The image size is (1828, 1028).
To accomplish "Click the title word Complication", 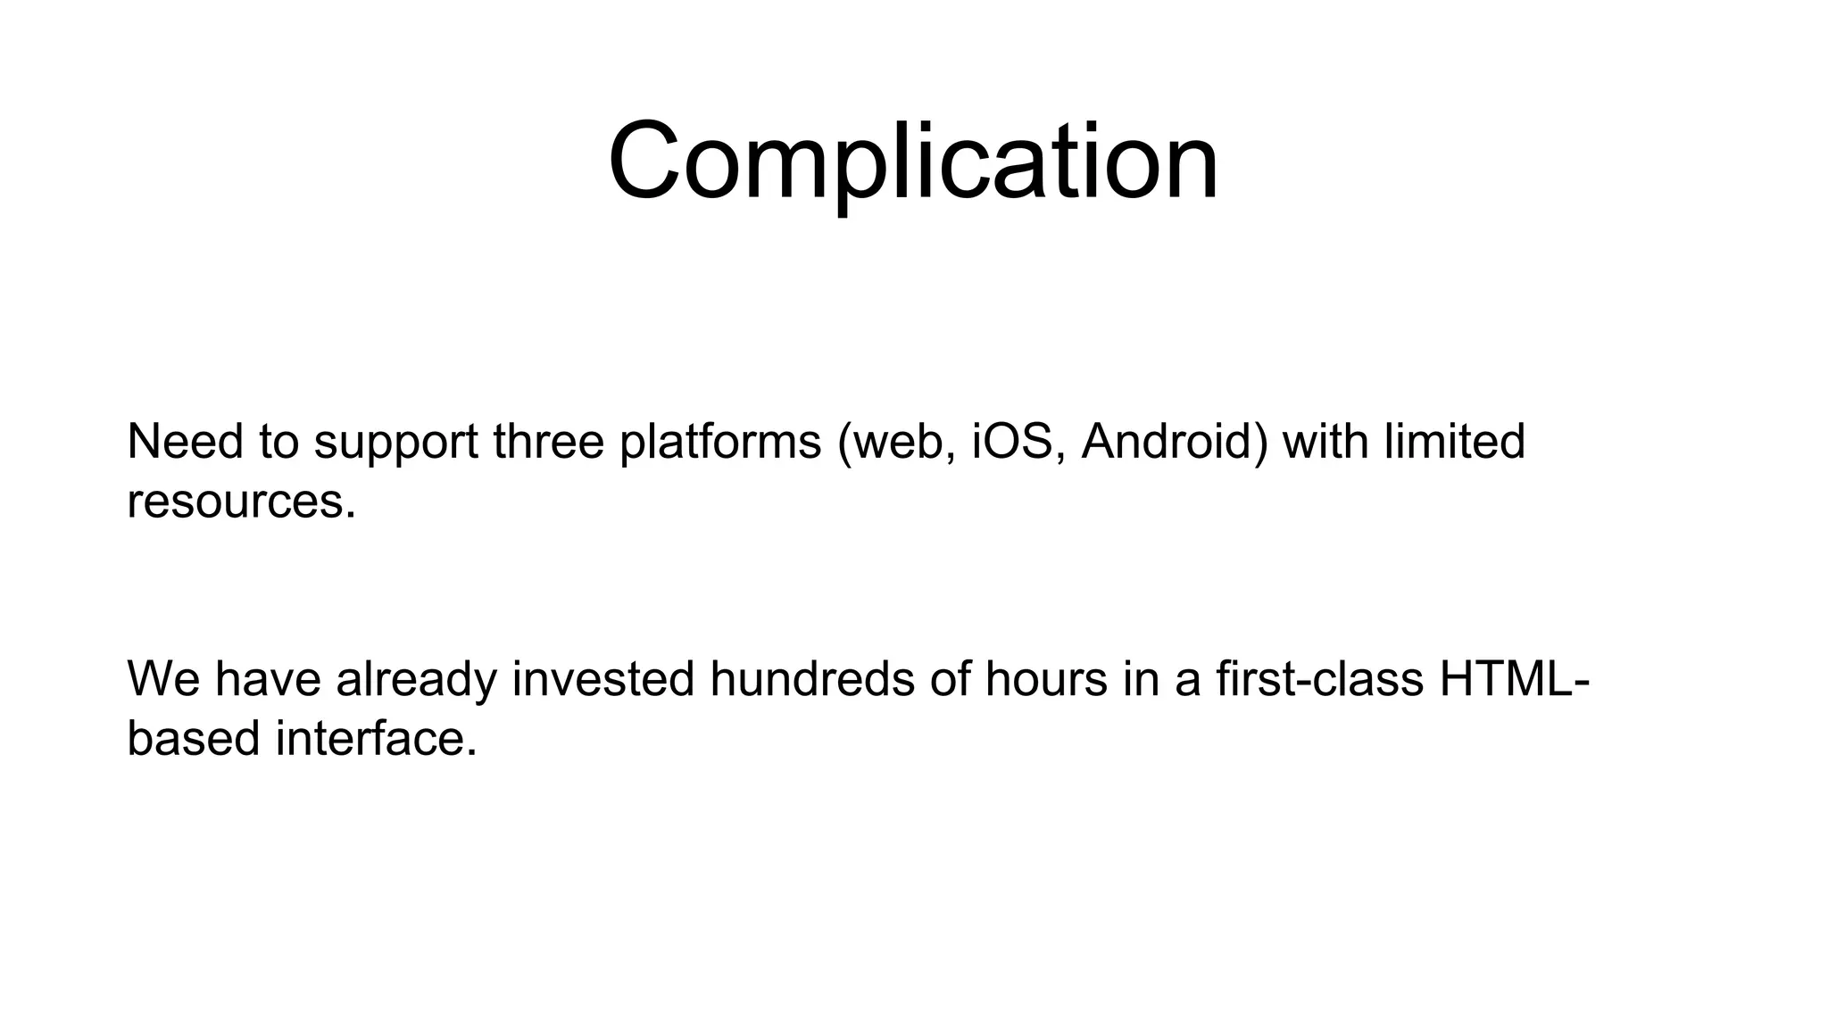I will pos(912,163).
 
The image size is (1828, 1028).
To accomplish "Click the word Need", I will pos(185,442).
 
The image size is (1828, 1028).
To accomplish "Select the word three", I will pos(548,442).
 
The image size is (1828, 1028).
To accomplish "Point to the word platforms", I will pos(719,442).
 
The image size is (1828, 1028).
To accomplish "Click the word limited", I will pos(1454,442).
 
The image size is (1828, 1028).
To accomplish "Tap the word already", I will pos(415,681).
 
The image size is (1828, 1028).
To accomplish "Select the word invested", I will pos(602,679).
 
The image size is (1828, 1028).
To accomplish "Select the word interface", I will pos(376,739).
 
